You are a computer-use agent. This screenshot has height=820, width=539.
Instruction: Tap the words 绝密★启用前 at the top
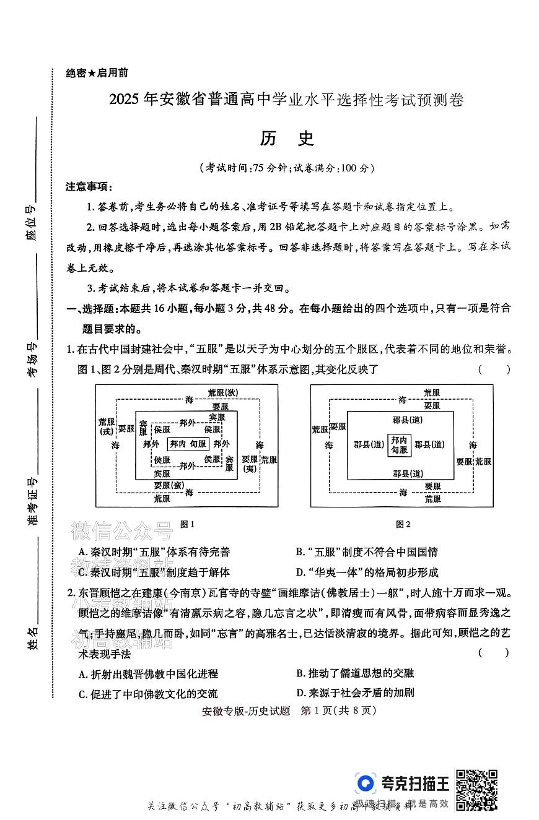[x=97, y=72]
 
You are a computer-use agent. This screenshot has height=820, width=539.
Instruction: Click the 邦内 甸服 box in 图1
[x=188, y=444]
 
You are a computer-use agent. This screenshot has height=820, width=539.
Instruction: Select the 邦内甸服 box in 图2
[x=399, y=444]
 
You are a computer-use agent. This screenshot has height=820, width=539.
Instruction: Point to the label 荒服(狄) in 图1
[x=222, y=392]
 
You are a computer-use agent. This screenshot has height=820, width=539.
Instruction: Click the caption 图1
[x=187, y=524]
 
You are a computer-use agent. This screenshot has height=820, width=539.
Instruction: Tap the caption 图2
[x=403, y=524]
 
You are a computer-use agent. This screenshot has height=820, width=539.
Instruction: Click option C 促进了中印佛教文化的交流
[x=148, y=694]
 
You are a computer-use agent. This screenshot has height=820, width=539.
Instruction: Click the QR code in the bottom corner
[x=476, y=789]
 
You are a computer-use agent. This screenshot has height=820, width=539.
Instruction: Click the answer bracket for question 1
[x=494, y=370]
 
